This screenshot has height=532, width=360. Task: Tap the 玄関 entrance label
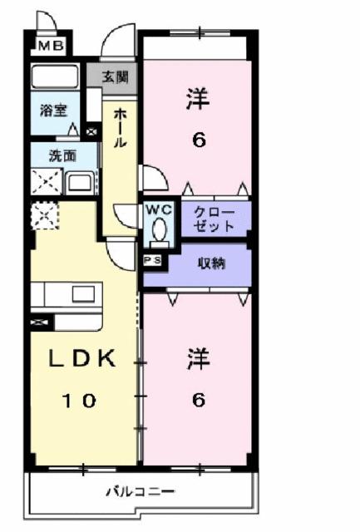(116, 76)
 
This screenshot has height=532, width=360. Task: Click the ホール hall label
(120, 130)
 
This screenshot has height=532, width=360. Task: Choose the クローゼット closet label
(214, 219)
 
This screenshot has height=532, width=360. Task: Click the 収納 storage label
(213, 264)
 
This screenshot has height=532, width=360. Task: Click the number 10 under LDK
(81, 400)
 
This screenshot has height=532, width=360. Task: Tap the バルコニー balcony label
(140, 492)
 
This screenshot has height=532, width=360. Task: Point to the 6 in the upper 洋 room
(198, 139)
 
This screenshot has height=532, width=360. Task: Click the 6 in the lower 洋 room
(198, 400)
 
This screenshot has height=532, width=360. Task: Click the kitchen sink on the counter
(83, 293)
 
